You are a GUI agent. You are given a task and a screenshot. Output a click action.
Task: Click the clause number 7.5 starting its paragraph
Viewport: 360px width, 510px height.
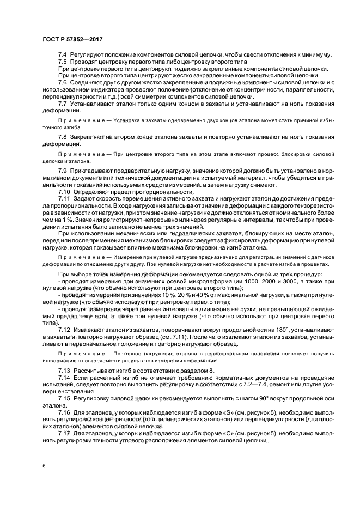(x=63, y=62)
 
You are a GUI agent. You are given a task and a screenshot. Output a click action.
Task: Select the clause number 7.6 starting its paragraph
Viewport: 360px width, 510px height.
(x=63, y=82)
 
